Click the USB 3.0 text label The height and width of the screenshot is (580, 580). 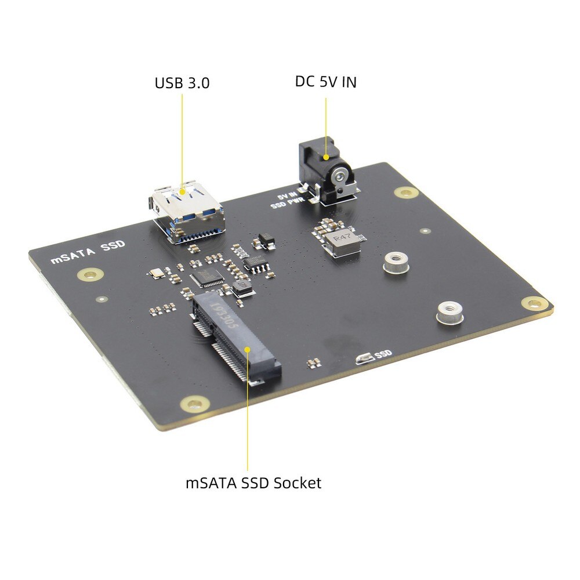point(182,83)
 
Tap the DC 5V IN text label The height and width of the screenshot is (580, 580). point(325,82)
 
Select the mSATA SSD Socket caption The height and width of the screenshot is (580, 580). point(253,483)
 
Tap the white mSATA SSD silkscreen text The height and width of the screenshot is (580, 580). point(88,253)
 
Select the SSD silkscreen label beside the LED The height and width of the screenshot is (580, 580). point(384,353)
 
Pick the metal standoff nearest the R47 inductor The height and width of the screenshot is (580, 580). point(395,263)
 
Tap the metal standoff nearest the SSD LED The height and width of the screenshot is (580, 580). point(448,313)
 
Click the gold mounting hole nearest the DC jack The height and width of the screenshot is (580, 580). point(405,192)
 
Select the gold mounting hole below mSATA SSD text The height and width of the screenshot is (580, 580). point(90,274)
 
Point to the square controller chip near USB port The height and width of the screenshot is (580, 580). point(205,278)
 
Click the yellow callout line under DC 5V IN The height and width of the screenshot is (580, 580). point(326,125)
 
